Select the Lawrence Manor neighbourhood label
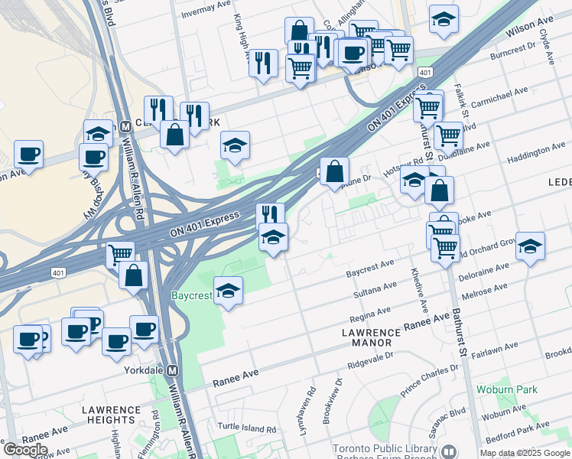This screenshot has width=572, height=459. (x=371, y=338)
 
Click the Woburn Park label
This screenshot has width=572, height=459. (x=506, y=389)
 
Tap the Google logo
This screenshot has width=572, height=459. (x=25, y=449)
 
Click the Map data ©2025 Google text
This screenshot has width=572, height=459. (x=525, y=453)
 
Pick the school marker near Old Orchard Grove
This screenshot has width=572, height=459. (x=530, y=246)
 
